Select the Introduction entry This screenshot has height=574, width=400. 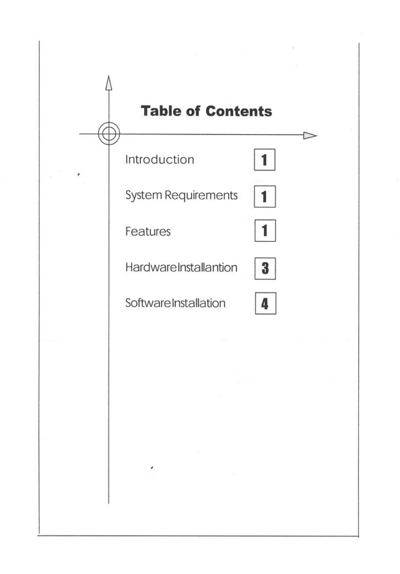(x=160, y=159)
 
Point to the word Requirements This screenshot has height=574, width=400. (x=201, y=196)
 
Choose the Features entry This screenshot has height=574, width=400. (x=148, y=232)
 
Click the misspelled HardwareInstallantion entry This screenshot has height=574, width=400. (x=181, y=267)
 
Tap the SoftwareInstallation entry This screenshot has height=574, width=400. (x=175, y=303)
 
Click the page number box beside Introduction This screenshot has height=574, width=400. (x=265, y=160)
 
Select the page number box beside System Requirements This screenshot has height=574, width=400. (x=265, y=197)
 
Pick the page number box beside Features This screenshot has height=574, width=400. (x=265, y=231)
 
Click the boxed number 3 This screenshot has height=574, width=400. (x=265, y=269)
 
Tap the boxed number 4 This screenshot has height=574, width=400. (x=266, y=303)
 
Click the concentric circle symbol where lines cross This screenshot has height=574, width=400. (x=109, y=133)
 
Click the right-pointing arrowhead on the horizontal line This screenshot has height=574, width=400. (x=310, y=136)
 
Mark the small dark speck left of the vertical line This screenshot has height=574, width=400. (x=79, y=174)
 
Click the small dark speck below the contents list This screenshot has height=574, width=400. (x=152, y=467)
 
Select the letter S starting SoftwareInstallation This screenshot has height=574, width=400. (x=128, y=303)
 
